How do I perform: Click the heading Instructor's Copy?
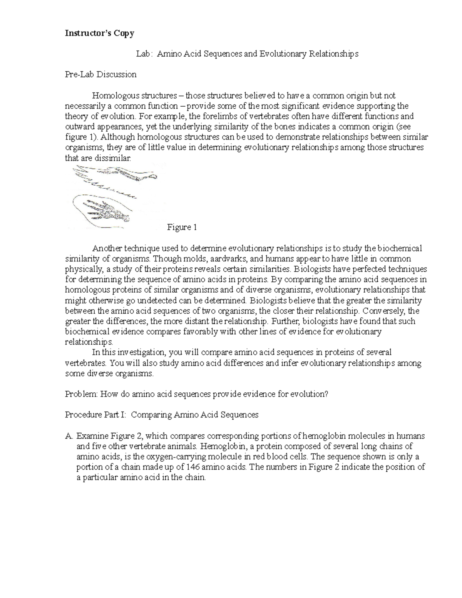pos(99,33)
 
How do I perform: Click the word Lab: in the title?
pos(144,54)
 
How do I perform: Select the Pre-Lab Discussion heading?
pos(101,74)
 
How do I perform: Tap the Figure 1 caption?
pos(182,227)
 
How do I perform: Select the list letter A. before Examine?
pos(69,436)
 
